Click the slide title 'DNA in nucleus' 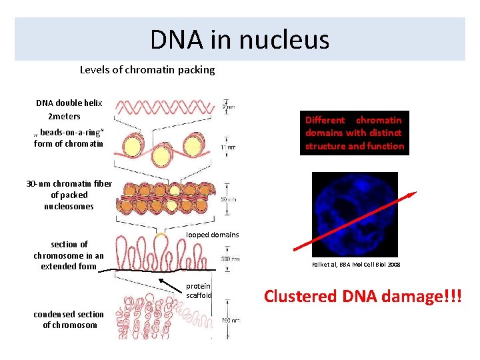[x=239, y=39]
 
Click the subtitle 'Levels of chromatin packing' [x=147, y=69]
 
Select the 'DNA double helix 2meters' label [x=69, y=109]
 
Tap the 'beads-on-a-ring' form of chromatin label [x=69, y=138]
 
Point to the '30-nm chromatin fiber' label [x=60, y=195]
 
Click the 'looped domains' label [x=212, y=235]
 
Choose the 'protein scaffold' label [x=199, y=291]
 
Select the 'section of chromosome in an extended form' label [x=69, y=255]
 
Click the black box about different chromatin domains [x=354, y=133]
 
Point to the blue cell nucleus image [x=354, y=214]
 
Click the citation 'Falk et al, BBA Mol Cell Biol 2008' [x=356, y=265]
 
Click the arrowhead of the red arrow [x=413, y=194]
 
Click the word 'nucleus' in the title [x=292, y=39]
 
